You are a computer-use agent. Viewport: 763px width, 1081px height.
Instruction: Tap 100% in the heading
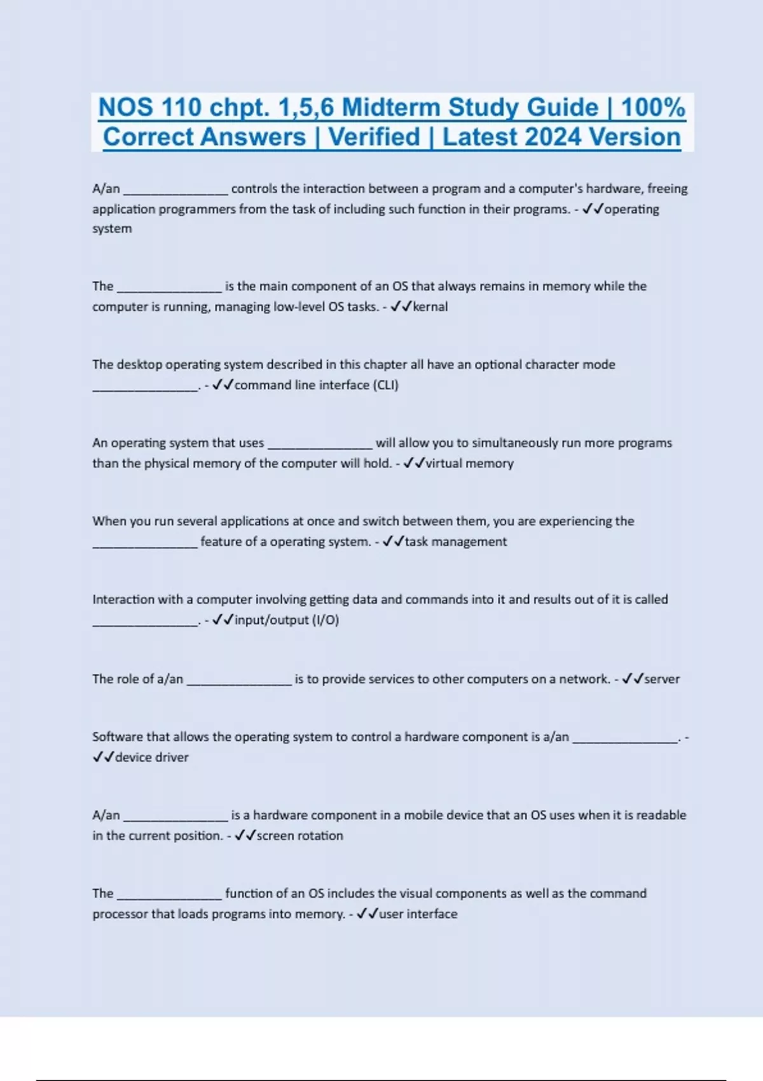pyautogui.click(x=653, y=107)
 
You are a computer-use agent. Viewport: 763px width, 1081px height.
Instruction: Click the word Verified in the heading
pyautogui.click(x=375, y=137)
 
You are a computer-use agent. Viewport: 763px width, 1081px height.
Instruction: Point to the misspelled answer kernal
pyautogui.click(x=430, y=306)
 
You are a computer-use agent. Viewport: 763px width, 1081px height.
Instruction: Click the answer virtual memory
pyautogui.click(x=469, y=463)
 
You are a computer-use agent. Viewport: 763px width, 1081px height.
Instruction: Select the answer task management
pyautogui.click(x=456, y=542)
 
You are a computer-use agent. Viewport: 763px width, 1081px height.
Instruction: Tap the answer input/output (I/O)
pyautogui.click(x=287, y=620)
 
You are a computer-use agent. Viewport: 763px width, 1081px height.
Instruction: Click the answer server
pyautogui.click(x=662, y=679)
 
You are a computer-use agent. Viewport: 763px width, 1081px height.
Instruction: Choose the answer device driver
pyautogui.click(x=152, y=757)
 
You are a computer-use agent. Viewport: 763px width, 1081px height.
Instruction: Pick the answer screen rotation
pyautogui.click(x=299, y=836)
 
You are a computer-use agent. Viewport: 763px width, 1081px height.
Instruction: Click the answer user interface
pyautogui.click(x=418, y=914)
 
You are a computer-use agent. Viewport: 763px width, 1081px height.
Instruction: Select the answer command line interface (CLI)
pyautogui.click(x=317, y=385)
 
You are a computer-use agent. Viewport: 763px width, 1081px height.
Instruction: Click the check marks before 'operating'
pyautogui.click(x=593, y=209)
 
